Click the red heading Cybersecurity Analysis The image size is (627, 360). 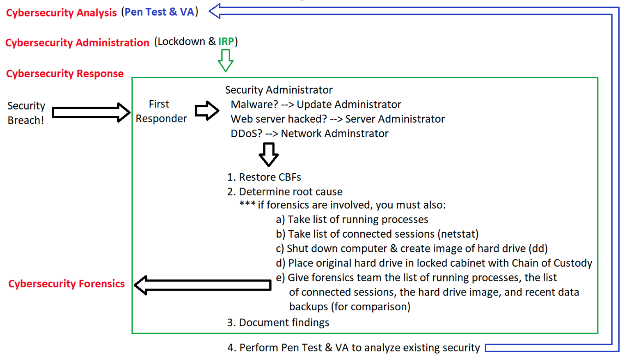(x=61, y=13)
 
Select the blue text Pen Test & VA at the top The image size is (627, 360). (x=159, y=12)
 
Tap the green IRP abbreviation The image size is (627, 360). (x=226, y=41)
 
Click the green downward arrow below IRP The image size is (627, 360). (x=225, y=60)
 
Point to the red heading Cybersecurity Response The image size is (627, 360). (x=64, y=73)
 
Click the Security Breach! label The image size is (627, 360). (x=26, y=113)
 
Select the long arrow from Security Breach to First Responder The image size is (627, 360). (x=91, y=112)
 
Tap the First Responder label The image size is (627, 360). (x=161, y=111)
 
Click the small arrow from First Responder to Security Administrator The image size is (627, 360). (x=207, y=110)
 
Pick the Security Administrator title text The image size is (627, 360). (x=279, y=90)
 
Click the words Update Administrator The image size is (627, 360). (x=349, y=105)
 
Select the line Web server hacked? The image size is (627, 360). (x=279, y=119)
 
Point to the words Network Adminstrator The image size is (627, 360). (x=334, y=133)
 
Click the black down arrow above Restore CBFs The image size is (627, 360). (x=269, y=154)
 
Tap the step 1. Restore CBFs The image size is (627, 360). (x=264, y=177)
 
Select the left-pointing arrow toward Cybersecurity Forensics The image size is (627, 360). (x=203, y=285)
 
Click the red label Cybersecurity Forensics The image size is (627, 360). (x=66, y=284)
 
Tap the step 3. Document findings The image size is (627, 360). (x=278, y=323)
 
